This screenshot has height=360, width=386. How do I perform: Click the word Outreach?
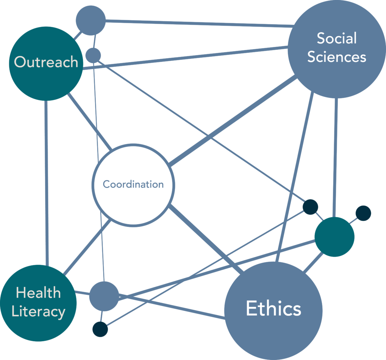pos(46,62)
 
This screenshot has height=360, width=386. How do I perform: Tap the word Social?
pos(337,38)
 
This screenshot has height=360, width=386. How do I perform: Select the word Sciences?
pos(337,57)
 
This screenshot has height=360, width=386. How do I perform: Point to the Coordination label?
pos(133,184)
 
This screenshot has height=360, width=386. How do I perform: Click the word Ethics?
pos(274,308)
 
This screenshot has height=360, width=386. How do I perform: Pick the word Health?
pos(38,293)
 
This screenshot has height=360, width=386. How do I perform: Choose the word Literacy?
pos(38,312)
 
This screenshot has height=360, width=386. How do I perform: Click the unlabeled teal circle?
pos(335,237)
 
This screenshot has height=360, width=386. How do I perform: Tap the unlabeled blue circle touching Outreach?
pos(91,20)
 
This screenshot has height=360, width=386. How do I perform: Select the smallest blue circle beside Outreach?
pos(93,55)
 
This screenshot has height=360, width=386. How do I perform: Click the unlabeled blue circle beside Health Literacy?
pos(104,296)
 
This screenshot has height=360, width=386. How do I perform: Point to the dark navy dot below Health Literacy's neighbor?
pos(100,329)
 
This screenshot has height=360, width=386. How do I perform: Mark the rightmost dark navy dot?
pos(363,213)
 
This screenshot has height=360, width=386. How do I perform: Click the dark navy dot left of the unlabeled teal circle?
pos(311,207)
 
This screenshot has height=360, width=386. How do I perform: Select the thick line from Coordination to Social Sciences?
pos(233,121)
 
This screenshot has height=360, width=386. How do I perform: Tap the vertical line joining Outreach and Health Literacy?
pos(46,183)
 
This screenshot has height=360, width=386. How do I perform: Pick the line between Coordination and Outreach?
pos(90,121)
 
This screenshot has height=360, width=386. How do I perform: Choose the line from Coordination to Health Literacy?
pos(87,248)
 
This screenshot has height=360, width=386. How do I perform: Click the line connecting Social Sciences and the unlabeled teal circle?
pos(335,158)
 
